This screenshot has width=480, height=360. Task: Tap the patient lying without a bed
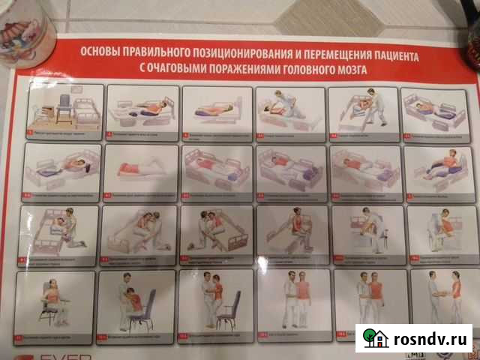pos(139,169)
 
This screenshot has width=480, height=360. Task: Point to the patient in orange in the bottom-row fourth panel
pos(302,297)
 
